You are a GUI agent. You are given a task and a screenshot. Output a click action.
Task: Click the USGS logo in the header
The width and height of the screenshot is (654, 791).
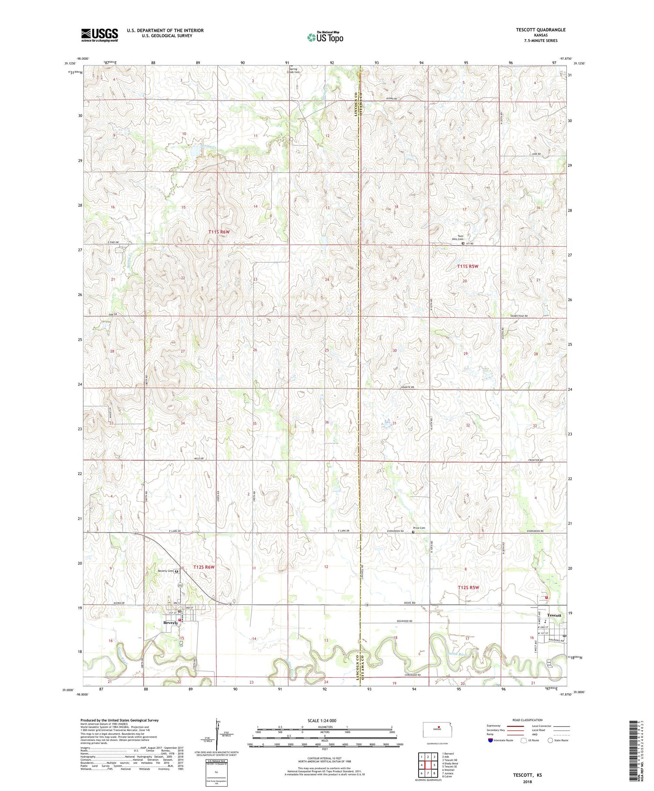[x=99, y=35]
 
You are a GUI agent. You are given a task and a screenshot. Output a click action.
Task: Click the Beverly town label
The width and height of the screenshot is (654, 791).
[x=171, y=623]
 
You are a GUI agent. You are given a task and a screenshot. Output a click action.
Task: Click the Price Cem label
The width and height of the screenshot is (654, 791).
[x=419, y=528]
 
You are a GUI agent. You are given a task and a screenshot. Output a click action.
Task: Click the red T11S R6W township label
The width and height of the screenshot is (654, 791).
[x=219, y=232]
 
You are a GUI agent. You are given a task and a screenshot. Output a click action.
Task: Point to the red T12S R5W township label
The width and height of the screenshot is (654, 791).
[x=468, y=587]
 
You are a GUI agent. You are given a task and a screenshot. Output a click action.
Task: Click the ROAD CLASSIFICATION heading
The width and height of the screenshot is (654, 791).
[x=528, y=720]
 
